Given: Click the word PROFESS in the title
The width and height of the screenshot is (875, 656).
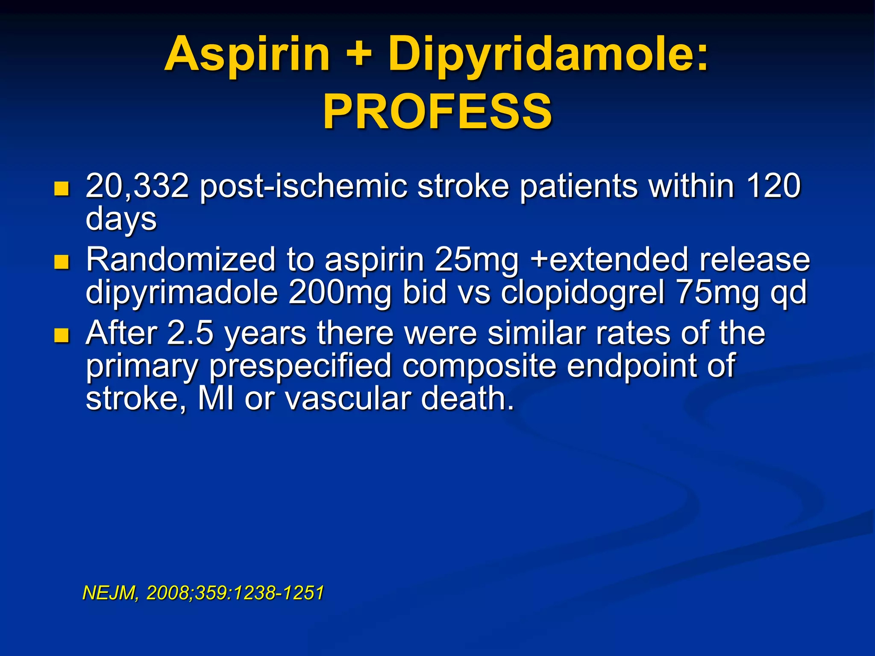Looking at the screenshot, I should click(437, 112).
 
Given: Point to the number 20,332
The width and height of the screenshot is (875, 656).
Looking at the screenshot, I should click(137, 186).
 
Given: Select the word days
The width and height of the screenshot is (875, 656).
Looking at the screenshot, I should click(121, 220).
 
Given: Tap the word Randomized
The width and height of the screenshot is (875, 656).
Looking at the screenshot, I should click(181, 260).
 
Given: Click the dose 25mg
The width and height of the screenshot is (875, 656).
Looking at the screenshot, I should click(476, 260).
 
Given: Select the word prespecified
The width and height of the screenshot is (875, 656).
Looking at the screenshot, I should click(300, 366).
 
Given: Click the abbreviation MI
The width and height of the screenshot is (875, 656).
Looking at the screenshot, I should click(216, 398).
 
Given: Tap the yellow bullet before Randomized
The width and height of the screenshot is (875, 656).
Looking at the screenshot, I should click(62, 262).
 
